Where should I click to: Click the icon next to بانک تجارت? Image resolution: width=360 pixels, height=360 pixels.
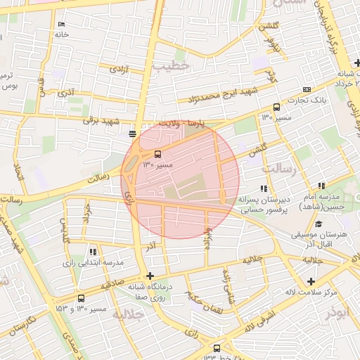click(x=307, y=90)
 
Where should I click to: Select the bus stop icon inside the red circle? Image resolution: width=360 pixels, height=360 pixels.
click(x=157, y=154)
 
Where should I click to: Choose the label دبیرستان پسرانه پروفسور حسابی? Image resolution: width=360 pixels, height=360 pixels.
click(x=264, y=205)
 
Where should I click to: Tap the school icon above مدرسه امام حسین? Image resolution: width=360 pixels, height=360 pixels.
click(x=321, y=186)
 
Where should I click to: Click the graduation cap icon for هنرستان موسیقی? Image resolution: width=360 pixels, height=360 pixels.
click(x=319, y=224)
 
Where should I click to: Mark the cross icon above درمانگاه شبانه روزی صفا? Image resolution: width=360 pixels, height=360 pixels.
click(x=149, y=276)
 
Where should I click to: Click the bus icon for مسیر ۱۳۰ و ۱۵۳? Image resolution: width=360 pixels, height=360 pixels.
click(x=81, y=298)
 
